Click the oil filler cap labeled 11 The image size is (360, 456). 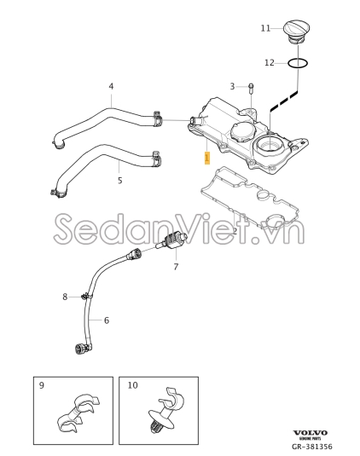[x=296, y=32]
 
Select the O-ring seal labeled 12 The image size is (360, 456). [x=298, y=63]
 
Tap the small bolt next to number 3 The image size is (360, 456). [x=252, y=89]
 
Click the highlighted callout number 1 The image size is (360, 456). [x=207, y=158]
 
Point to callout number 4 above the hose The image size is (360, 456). [x=111, y=86]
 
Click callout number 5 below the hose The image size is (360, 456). [x=120, y=181]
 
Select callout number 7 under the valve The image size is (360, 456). [x=176, y=267]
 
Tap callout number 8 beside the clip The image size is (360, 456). [x=65, y=297]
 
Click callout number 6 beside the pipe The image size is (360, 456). [x=107, y=320]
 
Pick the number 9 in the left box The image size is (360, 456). [x=42, y=385]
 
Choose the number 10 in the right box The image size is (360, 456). [x=132, y=385]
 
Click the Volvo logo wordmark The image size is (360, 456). [x=310, y=433]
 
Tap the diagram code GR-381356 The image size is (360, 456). [x=312, y=447]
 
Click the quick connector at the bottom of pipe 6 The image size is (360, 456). [x=80, y=349]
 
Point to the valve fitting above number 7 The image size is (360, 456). [x=173, y=242]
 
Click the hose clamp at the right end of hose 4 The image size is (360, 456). [x=158, y=118]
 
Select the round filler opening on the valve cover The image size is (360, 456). [x=268, y=144]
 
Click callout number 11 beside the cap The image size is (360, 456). [x=265, y=28]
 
